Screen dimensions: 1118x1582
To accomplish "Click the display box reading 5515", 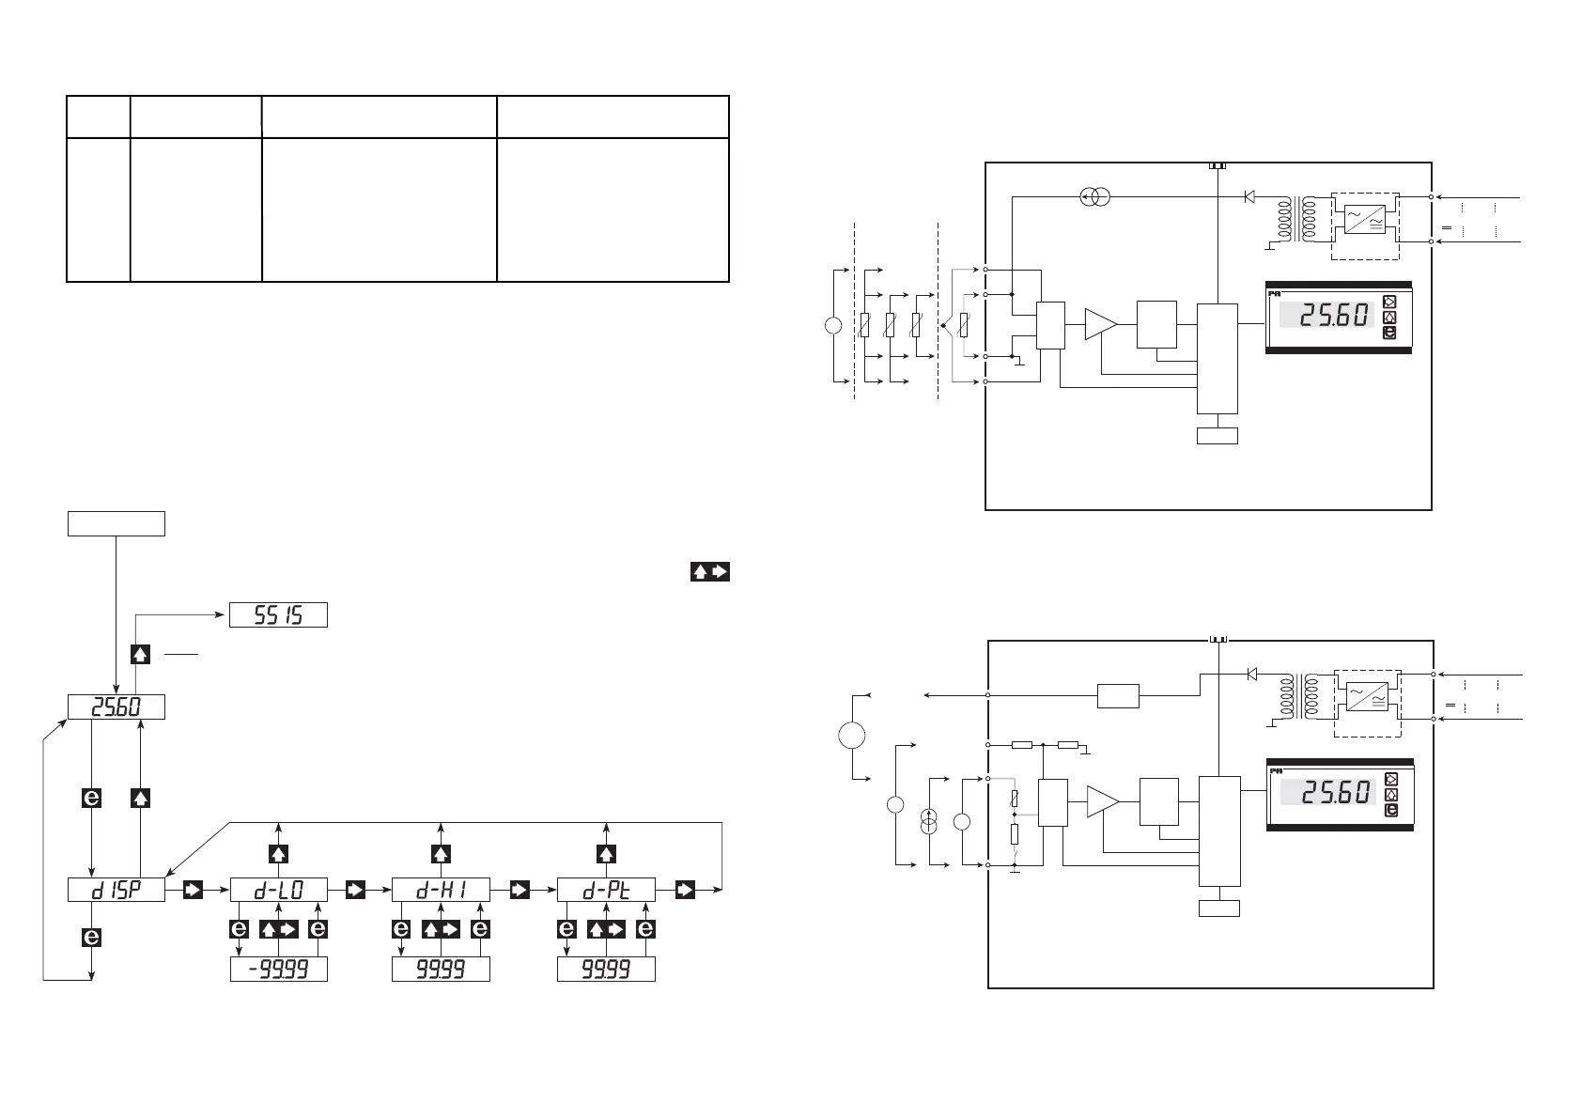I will [x=278, y=615].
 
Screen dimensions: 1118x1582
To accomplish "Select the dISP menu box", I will [x=116, y=891].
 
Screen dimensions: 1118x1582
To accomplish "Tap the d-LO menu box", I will [x=278, y=891].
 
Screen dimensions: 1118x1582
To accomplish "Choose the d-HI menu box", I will [x=441, y=891].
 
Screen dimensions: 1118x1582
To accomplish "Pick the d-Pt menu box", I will [x=606, y=891].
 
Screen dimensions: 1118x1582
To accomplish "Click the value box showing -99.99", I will [x=278, y=970].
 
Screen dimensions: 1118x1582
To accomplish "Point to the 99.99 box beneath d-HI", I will [x=441, y=970].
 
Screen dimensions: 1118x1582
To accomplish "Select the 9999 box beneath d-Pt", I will [x=606, y=970].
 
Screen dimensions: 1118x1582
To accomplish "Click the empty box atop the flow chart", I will [x=116, y=523].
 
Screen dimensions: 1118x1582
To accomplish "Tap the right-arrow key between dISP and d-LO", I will [x=193, y=891].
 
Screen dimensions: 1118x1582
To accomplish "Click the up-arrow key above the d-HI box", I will [x=441, y=853].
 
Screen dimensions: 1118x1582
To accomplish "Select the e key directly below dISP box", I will [x=91, y=938].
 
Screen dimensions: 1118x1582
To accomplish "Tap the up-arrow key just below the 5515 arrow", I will [x=140, y=654].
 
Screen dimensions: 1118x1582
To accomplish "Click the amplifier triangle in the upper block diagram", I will [x=1100, y=323].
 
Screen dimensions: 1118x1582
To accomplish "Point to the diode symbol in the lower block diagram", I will [x=1250, y=674].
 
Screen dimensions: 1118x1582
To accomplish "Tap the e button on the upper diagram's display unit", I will [x=1390, y=333].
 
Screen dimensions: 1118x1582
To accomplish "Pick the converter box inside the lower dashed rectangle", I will [x=1366, y=697].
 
